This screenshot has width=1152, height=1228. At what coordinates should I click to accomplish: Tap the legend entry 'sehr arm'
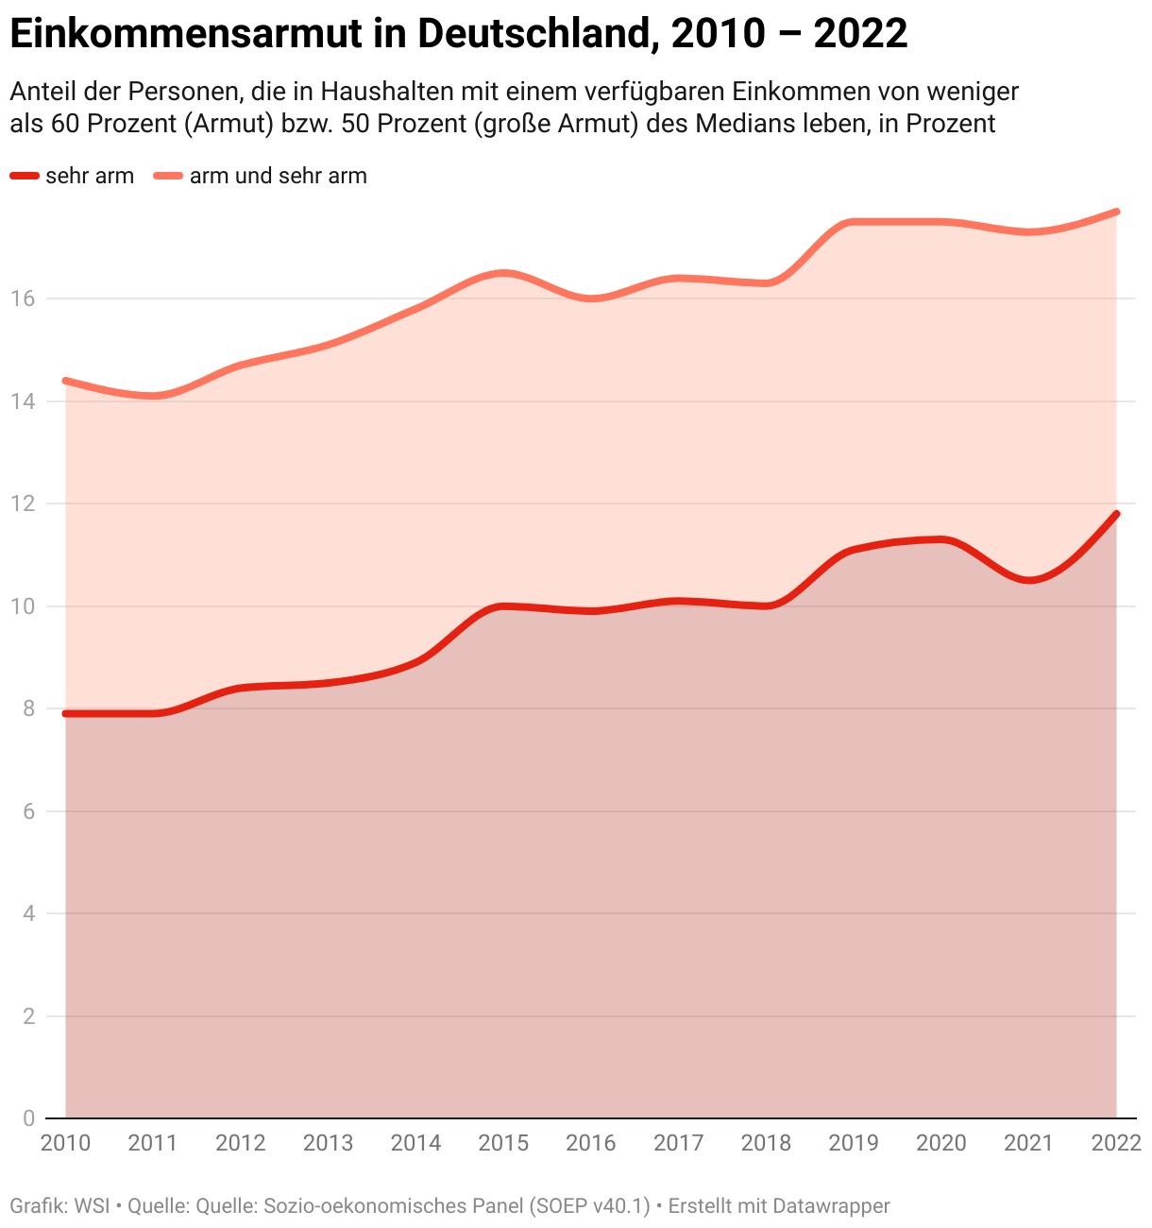pyautogui.click(x=89, y=176)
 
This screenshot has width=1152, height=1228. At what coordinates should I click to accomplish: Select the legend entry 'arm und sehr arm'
pyautogui.click(x=278, y=176)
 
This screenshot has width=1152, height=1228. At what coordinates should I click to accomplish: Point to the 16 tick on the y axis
pyautogui.click(x=23, y=298)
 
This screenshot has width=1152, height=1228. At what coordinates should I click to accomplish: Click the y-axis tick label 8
pyautogui.click(x=28, y=708)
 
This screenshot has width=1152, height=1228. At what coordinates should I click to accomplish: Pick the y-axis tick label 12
pyautogui.click(x=23, y=503)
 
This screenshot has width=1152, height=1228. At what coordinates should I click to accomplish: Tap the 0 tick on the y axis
pyautogui.click(x=28, y=1118)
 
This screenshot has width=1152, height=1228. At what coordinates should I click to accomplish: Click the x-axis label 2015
pyautogui.click(x=503, y=1143)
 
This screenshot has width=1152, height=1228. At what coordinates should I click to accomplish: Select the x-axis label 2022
pyautogui.click(x=1116, y=1143)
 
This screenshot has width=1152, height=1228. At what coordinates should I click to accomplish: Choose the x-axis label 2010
pyautogui.click(x=65, y=1143)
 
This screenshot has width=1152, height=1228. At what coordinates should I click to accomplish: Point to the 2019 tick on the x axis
pyautogui.click(x=854, y=1143)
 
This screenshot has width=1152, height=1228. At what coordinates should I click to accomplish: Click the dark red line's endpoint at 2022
pyautogui.click(x=1117, y=514)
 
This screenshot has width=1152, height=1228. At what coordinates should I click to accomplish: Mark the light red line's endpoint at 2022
pyautogui.click(x=1117, y=212)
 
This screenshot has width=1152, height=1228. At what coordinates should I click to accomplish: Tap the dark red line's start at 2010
pyautogui.click(x=65, y=713)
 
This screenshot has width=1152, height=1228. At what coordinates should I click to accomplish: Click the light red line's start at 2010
pyautogui.click(x=65, y=381)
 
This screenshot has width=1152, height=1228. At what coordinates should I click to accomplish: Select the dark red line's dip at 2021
pyautogui.click(x=1029, y=580)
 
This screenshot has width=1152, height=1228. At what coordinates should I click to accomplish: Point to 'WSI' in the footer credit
pyautogui.click(x=92, y=1206)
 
